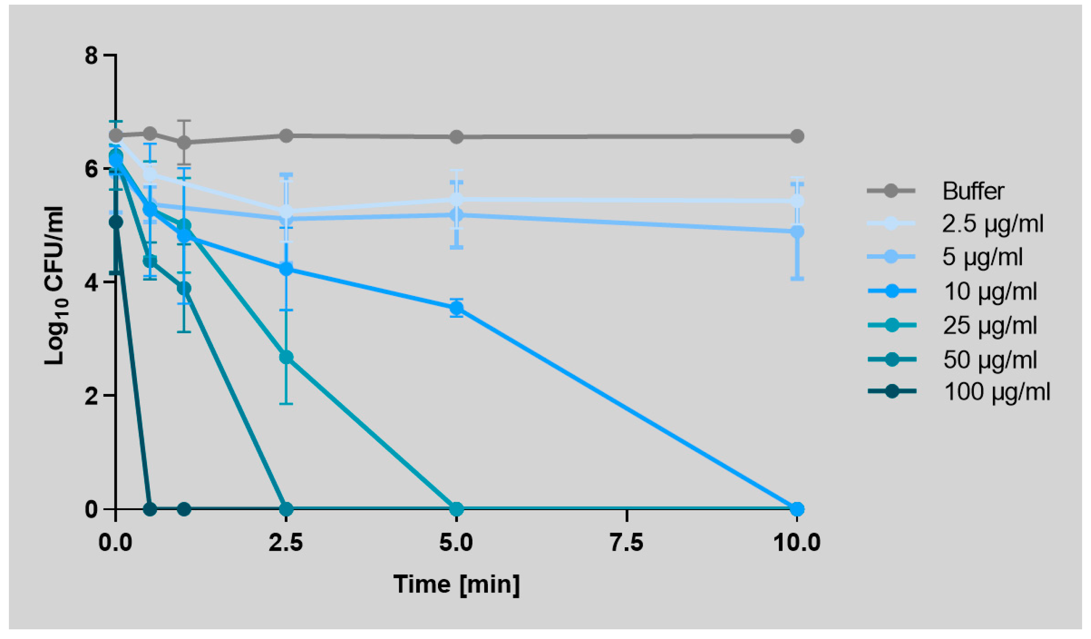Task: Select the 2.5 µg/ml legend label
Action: coord(992,224)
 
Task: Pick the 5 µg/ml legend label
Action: coord(982,257)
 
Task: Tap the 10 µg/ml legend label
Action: coord(990,291)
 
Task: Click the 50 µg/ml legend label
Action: coord(990,360)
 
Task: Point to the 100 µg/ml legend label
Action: coord(997,392)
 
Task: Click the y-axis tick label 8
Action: coord(91,56)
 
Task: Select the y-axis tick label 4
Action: coord(91,283)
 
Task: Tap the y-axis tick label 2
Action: coord(91,396)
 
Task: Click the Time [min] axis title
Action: coord(456,584)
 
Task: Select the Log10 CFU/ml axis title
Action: coord(55,286)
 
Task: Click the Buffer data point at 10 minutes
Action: coord(797,137)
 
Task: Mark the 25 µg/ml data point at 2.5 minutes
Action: coord(286,357)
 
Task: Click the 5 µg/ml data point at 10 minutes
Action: coord(797,232)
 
